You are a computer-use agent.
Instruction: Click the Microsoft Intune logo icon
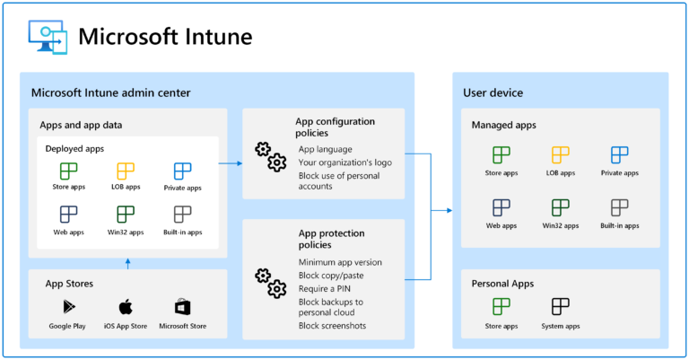[46, 36]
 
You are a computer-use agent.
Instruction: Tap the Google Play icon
[67, 307]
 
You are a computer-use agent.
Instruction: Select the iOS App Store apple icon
[126, 307]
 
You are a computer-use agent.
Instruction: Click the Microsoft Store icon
[183, 307]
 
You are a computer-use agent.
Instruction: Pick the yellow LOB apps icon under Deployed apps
[126, 171]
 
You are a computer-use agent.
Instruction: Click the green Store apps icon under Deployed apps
[69, 171]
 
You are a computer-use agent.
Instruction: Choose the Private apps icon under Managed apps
[619, 154]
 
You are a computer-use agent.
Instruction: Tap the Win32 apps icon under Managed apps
[561, 207]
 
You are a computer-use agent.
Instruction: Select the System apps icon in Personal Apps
[561, 307]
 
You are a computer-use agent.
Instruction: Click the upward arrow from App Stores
[127, 262]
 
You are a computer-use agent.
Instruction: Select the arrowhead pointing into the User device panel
[448, 210]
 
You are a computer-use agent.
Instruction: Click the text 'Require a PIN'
[326, 288]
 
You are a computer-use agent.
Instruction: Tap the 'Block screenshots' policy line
[332, 326]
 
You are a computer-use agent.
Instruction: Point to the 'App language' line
[325, 149]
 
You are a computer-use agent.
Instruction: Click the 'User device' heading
[493, 92]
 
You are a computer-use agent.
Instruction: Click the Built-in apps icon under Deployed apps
[182, 214]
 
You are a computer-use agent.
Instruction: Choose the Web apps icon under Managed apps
[501, 207]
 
